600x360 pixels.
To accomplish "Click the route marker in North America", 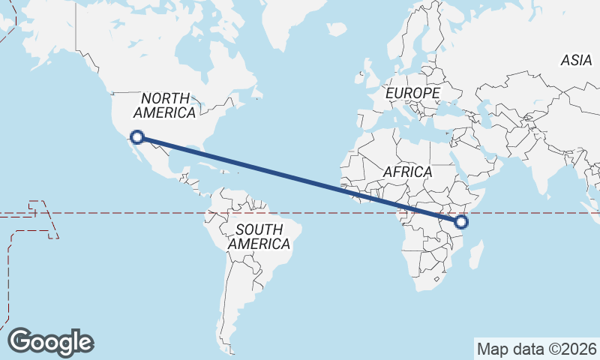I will coord(136,136).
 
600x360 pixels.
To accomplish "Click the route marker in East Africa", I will coord(461,221).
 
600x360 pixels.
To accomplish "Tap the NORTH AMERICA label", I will coord(164,105).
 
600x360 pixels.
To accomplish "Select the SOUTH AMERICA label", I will coord(259,237).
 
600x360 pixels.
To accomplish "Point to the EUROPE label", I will coord(412,93).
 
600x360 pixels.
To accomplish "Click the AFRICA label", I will coord(407,172).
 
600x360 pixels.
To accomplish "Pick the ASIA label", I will coord(576,61).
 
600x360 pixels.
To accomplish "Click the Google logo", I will coord(51,342).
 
